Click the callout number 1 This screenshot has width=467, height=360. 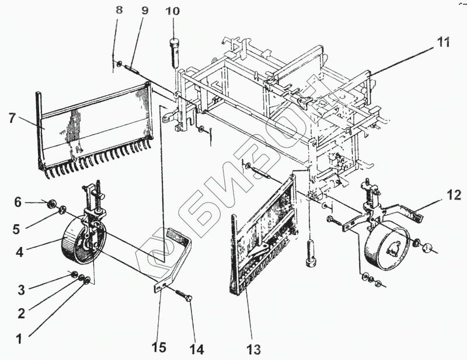[x=19, y=337]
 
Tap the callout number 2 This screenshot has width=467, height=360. [x=22, y=313]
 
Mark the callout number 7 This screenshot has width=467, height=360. [x=13, y=117]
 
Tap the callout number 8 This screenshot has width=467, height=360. [x=119, y=10]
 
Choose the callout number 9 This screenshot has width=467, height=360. [x=144, y=11]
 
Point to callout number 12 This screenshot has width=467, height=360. [x=454, y=195]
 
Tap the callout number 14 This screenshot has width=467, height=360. [x=196, y=349]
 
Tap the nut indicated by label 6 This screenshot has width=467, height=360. [x=51, y=204]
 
